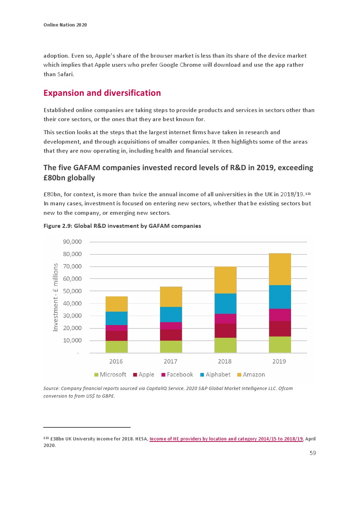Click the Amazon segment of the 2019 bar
point(279,269)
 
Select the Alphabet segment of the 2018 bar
point(225,303)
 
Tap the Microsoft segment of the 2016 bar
point(116,346)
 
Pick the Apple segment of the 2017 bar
point(171,335)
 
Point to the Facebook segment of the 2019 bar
point(279,315)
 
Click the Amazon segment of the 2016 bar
point(116,304)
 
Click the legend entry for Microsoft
point(110,374)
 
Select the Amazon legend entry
point(251,374)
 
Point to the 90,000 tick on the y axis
point(72,242)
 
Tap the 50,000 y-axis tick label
point(72,291)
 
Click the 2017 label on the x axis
point(170,361)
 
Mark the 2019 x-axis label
point(279,361)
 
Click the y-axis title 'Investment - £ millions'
point(56,297)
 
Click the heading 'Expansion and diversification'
point(102,93)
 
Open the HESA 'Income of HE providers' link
point(226,439)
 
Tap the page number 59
point(312,453)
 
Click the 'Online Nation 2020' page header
point(65,25)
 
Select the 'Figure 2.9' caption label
point(58,226)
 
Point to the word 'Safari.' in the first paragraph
point(66,74)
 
